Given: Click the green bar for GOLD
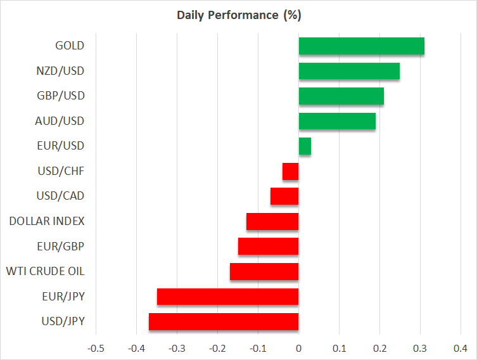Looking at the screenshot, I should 361,46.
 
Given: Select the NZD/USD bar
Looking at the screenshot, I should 349,71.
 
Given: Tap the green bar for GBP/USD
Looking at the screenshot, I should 341,96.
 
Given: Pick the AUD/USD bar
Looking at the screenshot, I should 337,121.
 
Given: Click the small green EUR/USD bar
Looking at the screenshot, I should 305,146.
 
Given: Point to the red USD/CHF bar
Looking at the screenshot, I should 291,171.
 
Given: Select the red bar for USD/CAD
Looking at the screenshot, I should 284,196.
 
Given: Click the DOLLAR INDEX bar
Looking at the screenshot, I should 272,221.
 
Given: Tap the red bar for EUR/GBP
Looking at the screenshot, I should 269,247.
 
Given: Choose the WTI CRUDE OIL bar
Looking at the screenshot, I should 264,271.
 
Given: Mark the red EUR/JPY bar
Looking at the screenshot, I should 228,297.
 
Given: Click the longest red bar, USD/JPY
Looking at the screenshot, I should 224,321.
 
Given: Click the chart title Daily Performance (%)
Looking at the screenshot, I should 238,14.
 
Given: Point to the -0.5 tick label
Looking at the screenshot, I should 96,349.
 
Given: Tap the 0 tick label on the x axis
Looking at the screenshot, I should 298,349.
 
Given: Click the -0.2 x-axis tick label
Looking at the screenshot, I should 217,349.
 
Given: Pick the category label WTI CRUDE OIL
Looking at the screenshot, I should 45,271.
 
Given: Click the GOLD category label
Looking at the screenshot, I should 70,46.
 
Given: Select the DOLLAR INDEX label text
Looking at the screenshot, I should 47,221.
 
